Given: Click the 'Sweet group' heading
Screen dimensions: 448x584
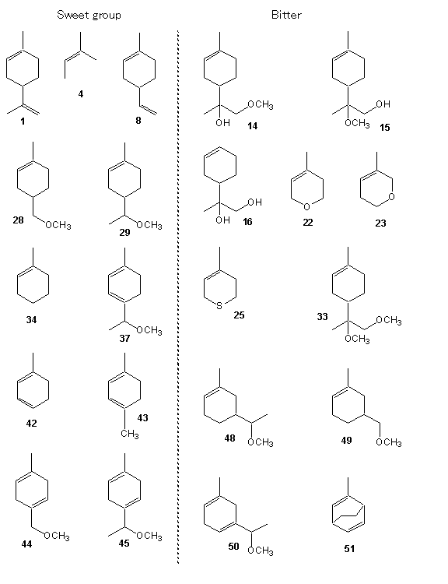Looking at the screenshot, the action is [x=89, y=15].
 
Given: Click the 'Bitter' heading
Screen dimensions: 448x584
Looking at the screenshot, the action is [x=286, y=15].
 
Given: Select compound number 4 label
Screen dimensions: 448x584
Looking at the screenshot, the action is [x=81, y=94].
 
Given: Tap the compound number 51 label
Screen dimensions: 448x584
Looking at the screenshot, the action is [x=349, y=548].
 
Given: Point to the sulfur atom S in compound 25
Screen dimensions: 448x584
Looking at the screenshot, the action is [x=219, y=306].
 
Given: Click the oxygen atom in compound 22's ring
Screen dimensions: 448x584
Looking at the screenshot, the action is [x=306, y=206].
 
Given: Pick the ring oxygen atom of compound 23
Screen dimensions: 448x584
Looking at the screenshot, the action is [x=391, y=197].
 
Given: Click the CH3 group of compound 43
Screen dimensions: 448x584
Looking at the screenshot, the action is [x=129, y=434].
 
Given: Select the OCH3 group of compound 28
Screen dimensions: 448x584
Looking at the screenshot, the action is [x=58, y=225].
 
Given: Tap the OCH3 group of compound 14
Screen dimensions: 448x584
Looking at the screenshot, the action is [x=261, y=104].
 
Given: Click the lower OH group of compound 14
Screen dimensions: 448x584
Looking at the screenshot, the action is [x=222, y=122].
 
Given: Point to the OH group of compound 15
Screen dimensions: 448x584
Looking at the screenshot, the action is [x=383, y=104].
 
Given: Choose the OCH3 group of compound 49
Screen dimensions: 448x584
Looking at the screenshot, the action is [x=388, y=442].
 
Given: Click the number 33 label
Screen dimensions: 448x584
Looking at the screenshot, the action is [x=322, y=317].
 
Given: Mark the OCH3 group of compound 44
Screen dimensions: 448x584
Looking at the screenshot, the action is [x=57, y=536].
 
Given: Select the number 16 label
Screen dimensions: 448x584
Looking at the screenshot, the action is [x=247, y=222].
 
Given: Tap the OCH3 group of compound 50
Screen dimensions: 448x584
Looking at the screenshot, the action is [x=261, y=551].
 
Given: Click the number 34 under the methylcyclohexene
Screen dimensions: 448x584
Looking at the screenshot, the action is [x=32, y=319].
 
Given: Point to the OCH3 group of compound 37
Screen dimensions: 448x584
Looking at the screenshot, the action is [x=149, y=330].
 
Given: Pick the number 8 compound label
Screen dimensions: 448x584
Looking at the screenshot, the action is [x=138, y=120].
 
